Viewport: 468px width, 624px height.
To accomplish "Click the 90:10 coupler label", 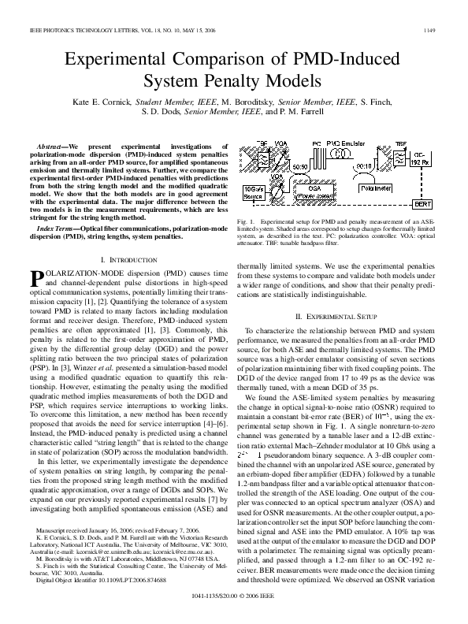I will click(x=365, y=168).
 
